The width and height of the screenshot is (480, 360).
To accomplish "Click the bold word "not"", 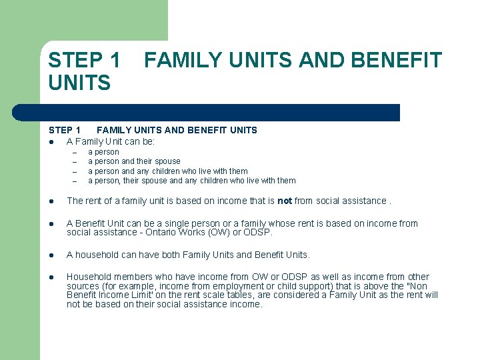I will (x=285, y=201).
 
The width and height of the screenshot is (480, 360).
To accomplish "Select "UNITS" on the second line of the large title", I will (x=79, y=83).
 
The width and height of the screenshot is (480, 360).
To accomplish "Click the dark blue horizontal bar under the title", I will (x=220, y=113).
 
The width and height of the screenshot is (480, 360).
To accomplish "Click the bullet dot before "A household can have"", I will (x=51, y=255).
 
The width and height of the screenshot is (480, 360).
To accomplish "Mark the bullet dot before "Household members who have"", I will (x=51, y=277).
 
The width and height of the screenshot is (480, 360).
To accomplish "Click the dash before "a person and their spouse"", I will (x=75, y=161).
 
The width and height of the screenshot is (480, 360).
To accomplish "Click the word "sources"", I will (x=83, y=286).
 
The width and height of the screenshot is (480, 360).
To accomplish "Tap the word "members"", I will (x=131, y=277).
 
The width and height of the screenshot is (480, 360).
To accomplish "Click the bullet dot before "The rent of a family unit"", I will (x=51, y=201).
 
